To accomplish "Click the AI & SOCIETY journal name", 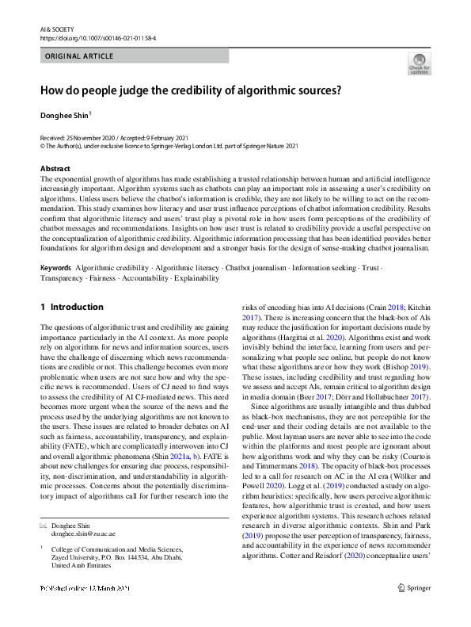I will pyautogui.click(x=55, y=28).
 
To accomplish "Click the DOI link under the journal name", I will pyautogui.click(x=94, y=37).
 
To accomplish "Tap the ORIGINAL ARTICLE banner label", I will pyautogui.click(x=80, y=56).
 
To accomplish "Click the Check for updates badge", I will pyautogui.click(x=419, y=63).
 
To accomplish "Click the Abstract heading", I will pyautogui.click(x=55, y=169).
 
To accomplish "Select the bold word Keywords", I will pyautogui.click(x=56, y=267).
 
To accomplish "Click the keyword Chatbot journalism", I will pyautogui.click(x=256, y=267).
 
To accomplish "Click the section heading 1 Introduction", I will pyautogui.click(x=72, y=307).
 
